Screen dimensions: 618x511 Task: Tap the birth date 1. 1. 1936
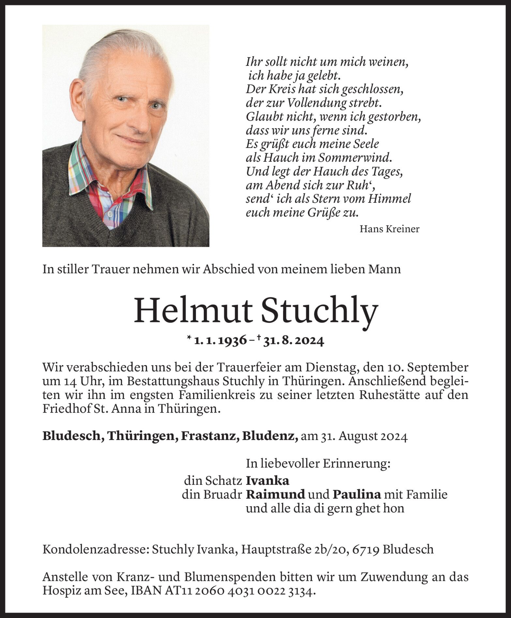pos(220,341)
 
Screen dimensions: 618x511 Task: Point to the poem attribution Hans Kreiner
pos(389,229)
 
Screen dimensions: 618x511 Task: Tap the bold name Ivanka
pos(267,481)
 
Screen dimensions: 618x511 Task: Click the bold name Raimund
pos(275,494)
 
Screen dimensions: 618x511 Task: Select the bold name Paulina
pos(357,494)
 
